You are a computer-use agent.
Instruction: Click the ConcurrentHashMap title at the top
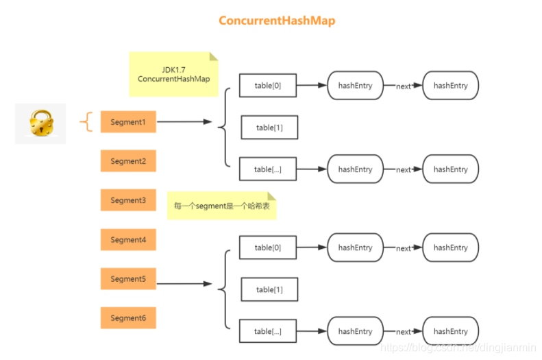click(x=277, y=21)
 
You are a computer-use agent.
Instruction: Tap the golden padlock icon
click(x=40, y=123)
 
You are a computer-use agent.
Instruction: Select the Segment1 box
click(x=128, y=122)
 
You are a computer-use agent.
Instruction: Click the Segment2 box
click(x=128, y=161)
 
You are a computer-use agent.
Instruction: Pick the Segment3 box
click(x=128, y=200)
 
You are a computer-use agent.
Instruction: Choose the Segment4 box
click(x=128, y=239)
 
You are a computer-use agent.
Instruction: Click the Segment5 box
click(x=128, y=279)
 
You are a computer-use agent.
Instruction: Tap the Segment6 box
click(x=128, y=318)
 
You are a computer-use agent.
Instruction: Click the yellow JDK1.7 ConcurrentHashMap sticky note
click(x=173, y=74)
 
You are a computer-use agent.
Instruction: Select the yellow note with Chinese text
click(x=221, y=206)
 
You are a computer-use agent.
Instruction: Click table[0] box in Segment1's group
click(x=267, y=86)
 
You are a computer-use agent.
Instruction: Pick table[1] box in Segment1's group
click(x=269, y=128)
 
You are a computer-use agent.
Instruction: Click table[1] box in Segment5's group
click(x=269, y=289)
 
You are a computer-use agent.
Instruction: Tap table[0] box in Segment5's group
click(x=267, y=248)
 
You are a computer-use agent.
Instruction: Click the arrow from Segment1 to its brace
click(x=184, y=122)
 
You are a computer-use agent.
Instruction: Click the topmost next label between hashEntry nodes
click(x=404, y=86)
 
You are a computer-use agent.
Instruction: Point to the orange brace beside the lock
click(x=86, y=123)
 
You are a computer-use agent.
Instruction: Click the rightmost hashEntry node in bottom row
click(x=450, y=331)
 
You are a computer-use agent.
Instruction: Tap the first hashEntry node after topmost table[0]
click(x=355, y=86)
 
